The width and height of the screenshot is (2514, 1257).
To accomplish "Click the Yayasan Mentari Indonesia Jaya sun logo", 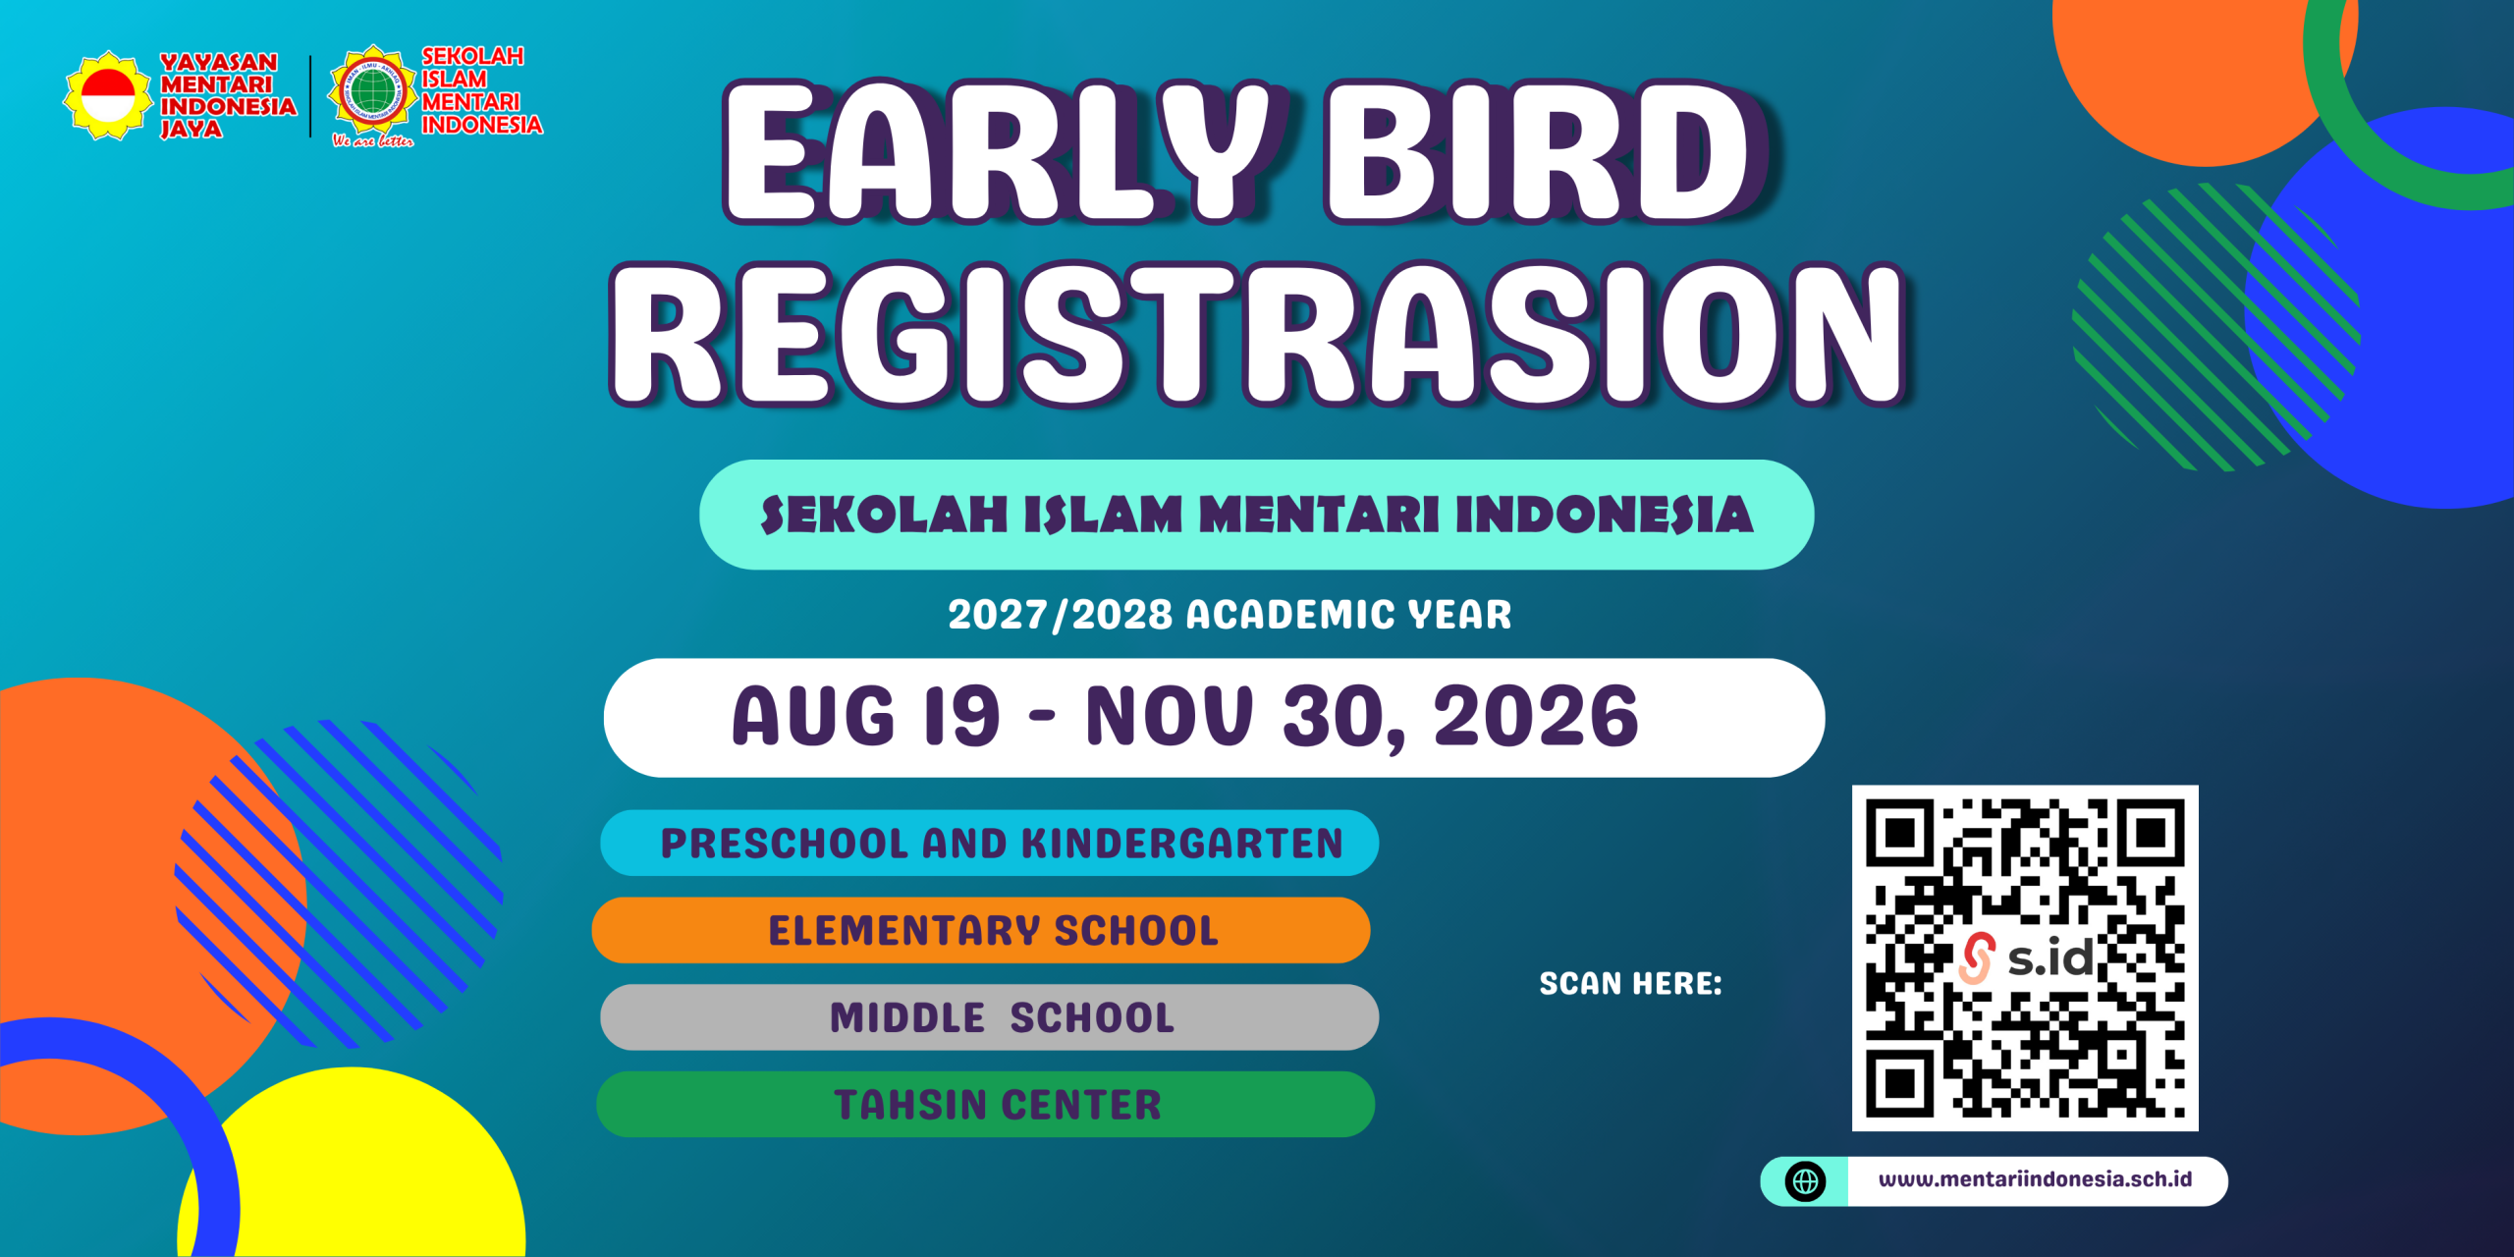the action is [108, 95].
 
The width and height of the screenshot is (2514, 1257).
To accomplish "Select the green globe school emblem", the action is [372, 91].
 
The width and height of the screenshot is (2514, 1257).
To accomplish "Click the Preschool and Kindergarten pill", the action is [989, 843].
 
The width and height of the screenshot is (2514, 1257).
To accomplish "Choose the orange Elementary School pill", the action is [981, 929].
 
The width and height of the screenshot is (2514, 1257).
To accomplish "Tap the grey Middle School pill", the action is [989, 1016].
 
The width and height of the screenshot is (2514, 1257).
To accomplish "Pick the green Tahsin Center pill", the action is [985, 1104].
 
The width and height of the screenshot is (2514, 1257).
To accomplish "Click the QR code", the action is [2025, 957].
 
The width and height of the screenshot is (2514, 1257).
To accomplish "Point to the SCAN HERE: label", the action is [1630, 983].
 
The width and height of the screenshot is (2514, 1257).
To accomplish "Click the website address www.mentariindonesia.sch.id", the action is [2035, 1179].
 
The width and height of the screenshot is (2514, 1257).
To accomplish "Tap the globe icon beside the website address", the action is [1806, 1181].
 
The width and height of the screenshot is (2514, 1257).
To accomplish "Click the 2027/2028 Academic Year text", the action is [1230, 615].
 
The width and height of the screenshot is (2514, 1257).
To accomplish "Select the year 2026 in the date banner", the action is [1536, 716].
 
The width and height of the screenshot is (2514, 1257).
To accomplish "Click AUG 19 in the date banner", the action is [865, 716].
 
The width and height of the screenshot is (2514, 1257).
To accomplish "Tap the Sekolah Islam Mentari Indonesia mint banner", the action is [1256, 515].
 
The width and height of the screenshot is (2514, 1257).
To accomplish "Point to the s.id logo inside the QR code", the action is [2027, 957].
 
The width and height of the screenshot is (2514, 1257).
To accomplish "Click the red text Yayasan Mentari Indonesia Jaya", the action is [228, 95].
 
